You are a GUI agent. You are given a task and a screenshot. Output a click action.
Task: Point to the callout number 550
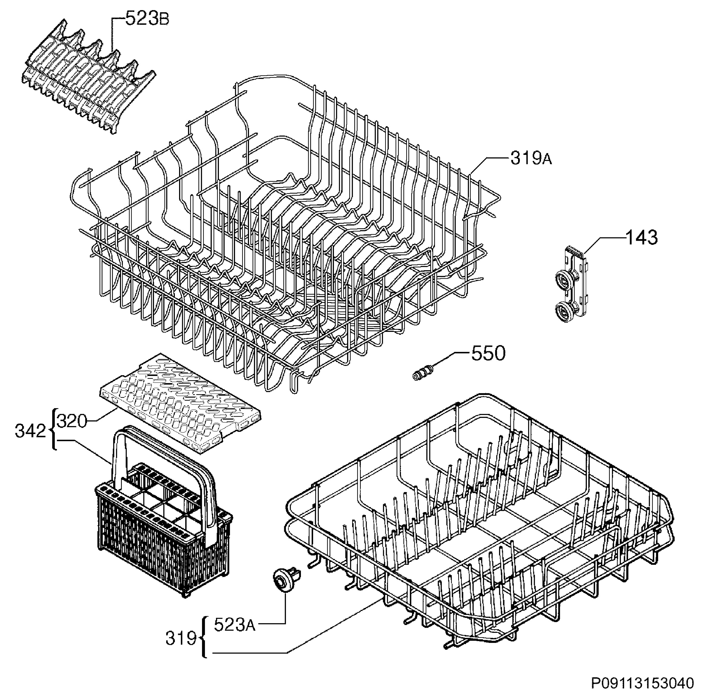[488, 353]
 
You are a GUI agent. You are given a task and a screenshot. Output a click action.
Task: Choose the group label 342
[30, 431]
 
